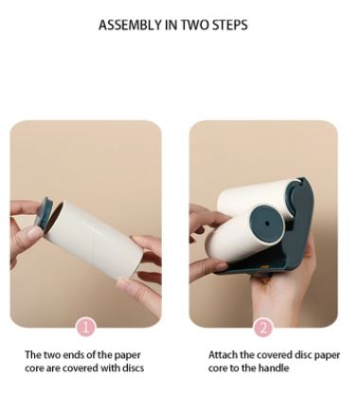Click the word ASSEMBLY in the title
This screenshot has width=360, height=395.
(130, 25)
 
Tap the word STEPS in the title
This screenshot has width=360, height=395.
(229, 25)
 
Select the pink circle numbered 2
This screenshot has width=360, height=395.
(263, 328)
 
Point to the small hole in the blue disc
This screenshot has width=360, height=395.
(267, 224)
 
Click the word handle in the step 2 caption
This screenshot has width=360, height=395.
(274, 368)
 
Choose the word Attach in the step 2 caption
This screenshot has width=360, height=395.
(223, 355)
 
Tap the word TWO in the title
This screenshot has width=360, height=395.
(195, 25)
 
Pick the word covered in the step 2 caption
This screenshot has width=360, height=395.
(274, 355)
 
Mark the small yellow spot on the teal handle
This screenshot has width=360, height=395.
(264, 267)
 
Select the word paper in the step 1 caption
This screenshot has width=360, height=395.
(127, 355)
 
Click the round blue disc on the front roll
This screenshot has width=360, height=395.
(267, 224)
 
